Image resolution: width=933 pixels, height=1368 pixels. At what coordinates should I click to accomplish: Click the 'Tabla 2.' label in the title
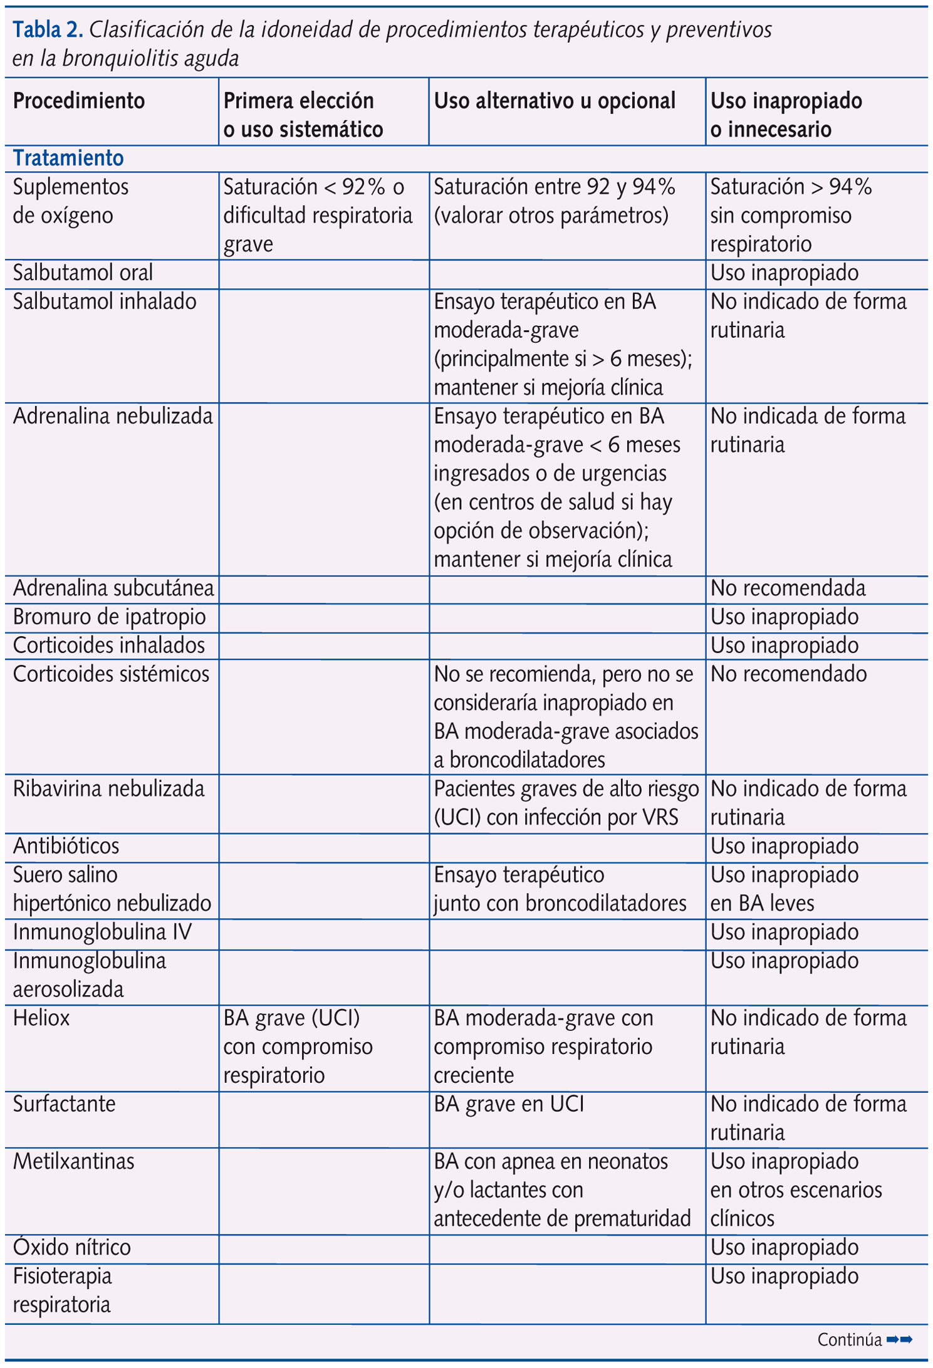coord(48,29)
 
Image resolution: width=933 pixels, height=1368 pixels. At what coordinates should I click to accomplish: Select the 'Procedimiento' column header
coord(79,101)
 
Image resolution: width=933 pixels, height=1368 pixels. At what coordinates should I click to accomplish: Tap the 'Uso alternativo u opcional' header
coord(555,101)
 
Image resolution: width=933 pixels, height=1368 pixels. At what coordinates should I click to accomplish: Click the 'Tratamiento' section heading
coord(68,158)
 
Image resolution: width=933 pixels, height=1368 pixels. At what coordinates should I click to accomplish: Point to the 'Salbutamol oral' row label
coord(83,273)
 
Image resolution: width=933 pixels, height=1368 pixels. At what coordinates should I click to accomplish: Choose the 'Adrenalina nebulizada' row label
coord(113,416)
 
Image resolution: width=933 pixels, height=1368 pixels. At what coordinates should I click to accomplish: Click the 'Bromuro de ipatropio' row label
coord(109,617)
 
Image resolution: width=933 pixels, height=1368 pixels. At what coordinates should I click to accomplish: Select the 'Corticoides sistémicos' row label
coord(111,674)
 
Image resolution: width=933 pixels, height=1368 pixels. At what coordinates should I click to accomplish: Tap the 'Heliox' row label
coord(41,1018)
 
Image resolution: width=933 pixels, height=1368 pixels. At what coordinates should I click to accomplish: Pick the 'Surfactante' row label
coord(64,1104)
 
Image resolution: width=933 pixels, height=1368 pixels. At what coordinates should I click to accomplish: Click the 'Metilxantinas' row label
coord(73,1161)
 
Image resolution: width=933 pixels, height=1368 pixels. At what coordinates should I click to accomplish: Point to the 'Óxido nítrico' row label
coord(71,1247)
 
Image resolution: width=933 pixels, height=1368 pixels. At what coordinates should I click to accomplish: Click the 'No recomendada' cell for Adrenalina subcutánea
coord(788,588)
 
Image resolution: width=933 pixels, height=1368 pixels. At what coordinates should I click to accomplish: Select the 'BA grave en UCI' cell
coord(509,1104)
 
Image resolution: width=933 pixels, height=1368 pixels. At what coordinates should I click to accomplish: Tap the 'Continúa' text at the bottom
coord(850,1339)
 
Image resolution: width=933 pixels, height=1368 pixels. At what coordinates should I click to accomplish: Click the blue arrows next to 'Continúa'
coord(900,1339)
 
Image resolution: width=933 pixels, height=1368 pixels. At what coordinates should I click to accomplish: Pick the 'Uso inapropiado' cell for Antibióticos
coord(784,846)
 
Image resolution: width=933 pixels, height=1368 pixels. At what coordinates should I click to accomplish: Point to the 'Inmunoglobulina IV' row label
coord(102,932)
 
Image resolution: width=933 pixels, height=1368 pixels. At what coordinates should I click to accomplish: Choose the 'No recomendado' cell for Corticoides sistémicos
coord(788,674)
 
